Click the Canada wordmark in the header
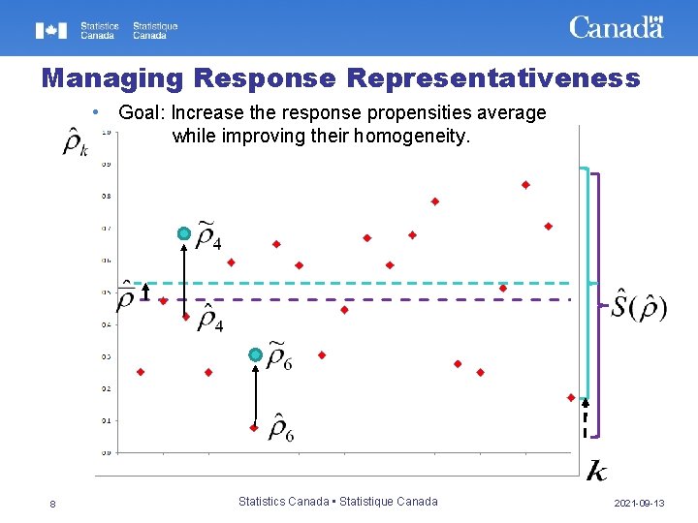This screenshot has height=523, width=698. click(616, 27)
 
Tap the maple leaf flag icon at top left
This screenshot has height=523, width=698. click(52, 31)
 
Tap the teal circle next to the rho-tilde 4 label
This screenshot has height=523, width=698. click(183, 233)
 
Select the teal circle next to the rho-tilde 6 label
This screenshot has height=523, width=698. click(254, 355)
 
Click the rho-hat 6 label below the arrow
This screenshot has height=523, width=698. click(281, 425)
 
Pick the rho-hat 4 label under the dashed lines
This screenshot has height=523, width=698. click(209, 318)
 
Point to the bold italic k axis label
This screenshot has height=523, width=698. click(597, 471)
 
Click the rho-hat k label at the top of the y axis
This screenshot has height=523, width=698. click(76, 142)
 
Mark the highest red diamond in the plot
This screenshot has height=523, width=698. click(525, 184)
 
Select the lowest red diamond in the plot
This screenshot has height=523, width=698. click(254, 427)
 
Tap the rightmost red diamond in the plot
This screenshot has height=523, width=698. click(571, 397)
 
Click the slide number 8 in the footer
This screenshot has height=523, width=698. click(52, 503)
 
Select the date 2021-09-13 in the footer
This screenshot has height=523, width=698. click(639, 503)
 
